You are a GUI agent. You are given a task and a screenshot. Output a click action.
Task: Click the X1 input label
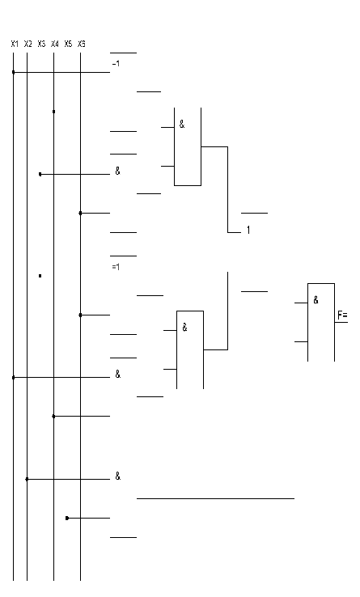tap(15, 44)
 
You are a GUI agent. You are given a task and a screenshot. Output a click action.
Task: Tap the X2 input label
tap(28, 44)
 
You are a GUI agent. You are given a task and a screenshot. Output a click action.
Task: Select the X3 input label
tap(41, 44)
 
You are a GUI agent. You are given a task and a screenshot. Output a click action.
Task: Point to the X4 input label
tap(55, 44)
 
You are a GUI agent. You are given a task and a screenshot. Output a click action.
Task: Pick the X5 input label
tap(68, 44)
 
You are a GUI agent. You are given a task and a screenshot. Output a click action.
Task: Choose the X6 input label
tap(82, 44)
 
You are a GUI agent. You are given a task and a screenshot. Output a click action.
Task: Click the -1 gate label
tap(116, 64)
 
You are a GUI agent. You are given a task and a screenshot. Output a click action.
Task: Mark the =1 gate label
tap(116, 267)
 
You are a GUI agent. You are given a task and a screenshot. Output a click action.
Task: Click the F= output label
tap(342, 315)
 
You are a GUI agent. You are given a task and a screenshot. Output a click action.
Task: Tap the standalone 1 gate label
tap(248, 230)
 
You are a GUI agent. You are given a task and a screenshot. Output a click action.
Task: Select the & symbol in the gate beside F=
tap(316, 300)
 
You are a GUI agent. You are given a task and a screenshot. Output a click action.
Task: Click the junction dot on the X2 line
tap(27, 479)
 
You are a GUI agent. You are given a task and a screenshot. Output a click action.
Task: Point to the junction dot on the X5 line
tap(67, 518)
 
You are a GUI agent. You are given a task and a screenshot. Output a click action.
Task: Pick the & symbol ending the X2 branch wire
tap(118, 476)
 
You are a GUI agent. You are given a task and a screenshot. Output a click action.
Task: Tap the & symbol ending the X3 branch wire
tap(118, 171)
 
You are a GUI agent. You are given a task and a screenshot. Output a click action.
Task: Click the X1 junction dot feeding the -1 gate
tap(13, 72)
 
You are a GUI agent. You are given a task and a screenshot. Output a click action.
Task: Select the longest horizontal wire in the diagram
tap(215, 498)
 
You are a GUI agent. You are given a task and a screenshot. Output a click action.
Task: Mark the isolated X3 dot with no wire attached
tap(40, 276)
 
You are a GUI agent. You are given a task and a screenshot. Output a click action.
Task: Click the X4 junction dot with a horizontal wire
tap(53, 416)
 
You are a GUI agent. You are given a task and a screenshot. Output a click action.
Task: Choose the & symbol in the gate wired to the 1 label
tap(182, 124)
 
